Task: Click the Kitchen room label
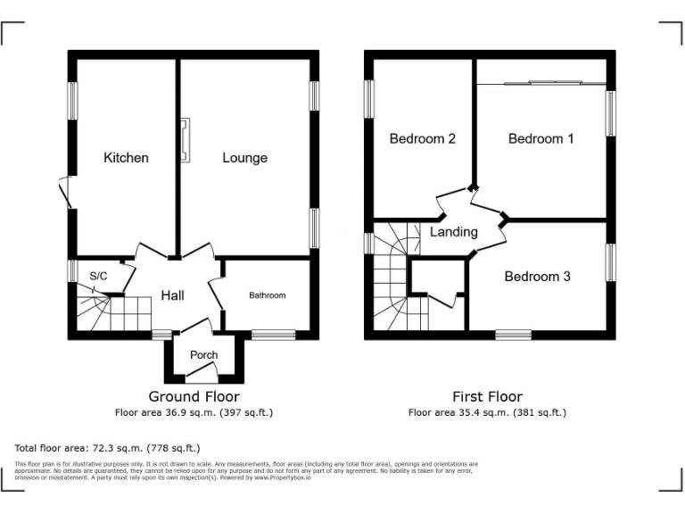pyautogui.click(x=126, y=158)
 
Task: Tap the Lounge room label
pyautogui.click(x=244, y=158)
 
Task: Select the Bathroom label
pyautogui.click(x=267, y=295)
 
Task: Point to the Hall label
pyautogui.click(x=172, y=295)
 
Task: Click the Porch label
pyautogui.click(x=204, y=355)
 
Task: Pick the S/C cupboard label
pyautogui.click(x=98, y=276)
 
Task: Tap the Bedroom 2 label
pyautogui.click(x=423, y=138)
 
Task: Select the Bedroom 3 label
pyautogui.click(x=537, y=277)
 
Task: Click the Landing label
pyautogui.click(x=454, y=232)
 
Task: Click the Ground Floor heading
pyautogui.click(x=194, y=396)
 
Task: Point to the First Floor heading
pyautogui.click(x=487, y=396)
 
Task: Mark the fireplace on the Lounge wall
pyautogui.click(x=185, y=141)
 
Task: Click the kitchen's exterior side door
pyautogui.click(x=64, y=193)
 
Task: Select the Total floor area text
pyautogui.click(x=108, y=447)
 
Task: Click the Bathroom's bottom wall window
pyautogui.click(x=267, y=335)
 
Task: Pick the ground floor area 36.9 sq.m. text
pyautogui.click(x=194, y=412)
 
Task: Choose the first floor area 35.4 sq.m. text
pyautogui.click(x=487, y=412)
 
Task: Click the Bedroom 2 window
pyautogui.click(x=368, y=98)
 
